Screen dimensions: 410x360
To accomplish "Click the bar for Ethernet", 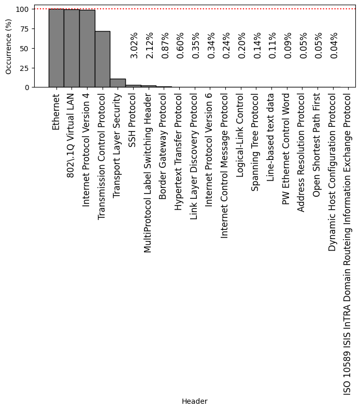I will point(56,48).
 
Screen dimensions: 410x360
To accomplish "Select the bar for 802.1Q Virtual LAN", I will point(71,48).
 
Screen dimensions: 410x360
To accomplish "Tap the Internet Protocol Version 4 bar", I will point(87,49).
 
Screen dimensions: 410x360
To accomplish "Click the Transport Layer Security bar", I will point(118,83).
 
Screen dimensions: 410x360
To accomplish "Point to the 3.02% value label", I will point(134,45).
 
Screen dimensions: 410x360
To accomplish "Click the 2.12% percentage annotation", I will point(149,45).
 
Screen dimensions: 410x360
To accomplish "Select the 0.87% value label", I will point(165,45).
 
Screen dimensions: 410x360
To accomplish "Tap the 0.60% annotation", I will point(180,45).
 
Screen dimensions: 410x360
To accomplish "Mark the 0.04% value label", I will point(334,45).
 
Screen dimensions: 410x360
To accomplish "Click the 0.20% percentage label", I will point(241,45).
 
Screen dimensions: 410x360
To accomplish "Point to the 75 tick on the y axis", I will point(25,29).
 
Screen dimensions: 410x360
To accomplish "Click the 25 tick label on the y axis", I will point(25,68).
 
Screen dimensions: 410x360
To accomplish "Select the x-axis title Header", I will point(194,401).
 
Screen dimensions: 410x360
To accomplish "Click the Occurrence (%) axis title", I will point(8,47).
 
